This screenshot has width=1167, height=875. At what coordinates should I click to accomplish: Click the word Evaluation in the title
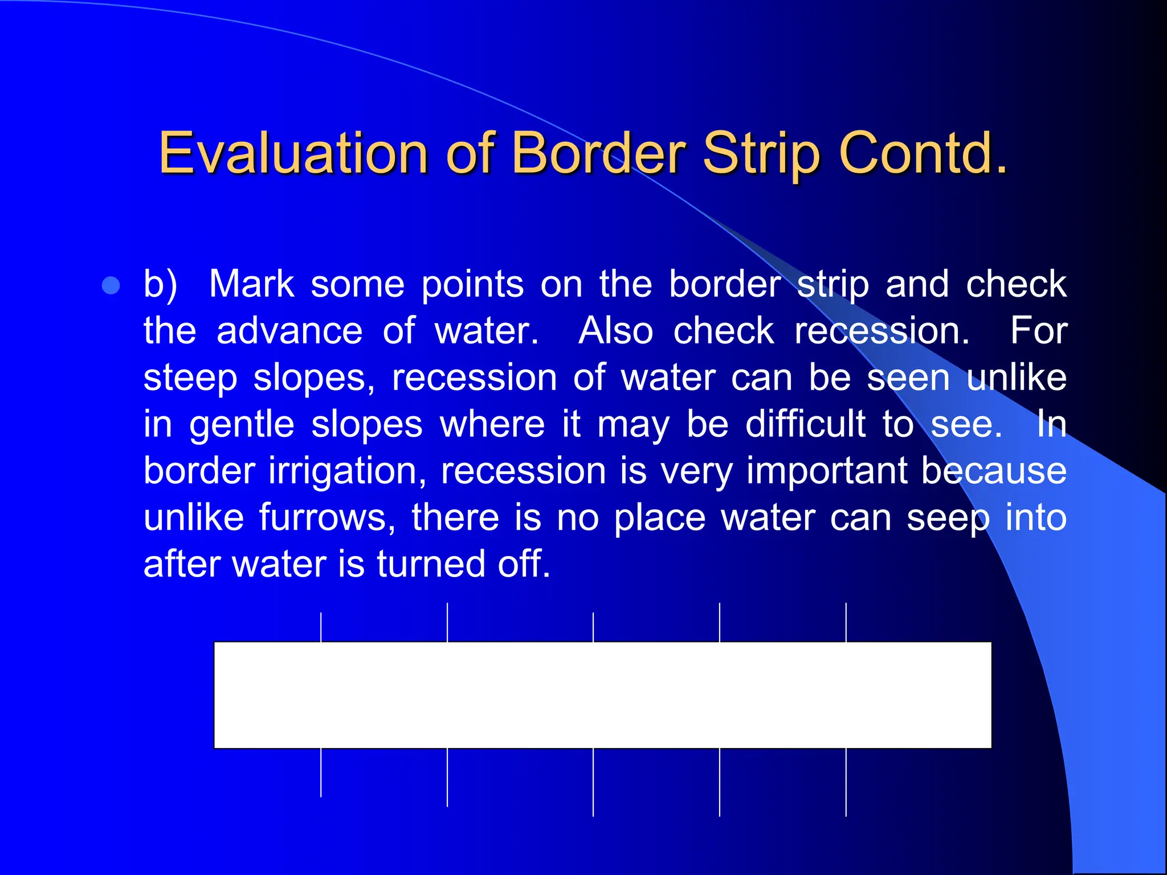pyautogui.click(x=293, y=153)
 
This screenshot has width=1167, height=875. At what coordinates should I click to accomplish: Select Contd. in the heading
pyautogui.click(x=923, y=153)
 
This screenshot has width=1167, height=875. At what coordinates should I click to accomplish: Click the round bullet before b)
pyautogui.click(x=111, y=285)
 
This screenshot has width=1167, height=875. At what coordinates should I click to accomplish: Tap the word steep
pyautogui.click(x=190, y=378)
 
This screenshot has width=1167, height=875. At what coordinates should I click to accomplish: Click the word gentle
pyautogui.click(x=242, y=425)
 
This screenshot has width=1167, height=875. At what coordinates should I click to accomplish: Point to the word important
pyautogui.click(x=827, y=472)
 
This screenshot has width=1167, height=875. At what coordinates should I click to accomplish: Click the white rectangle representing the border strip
pyautogui.click(x=602, y=694)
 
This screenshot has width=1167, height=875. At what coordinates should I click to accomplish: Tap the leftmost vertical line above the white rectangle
pyautogui.click(x=321, y=627)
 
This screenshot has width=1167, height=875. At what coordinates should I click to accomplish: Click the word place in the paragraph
pyautogui.click(x=659, y=518)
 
